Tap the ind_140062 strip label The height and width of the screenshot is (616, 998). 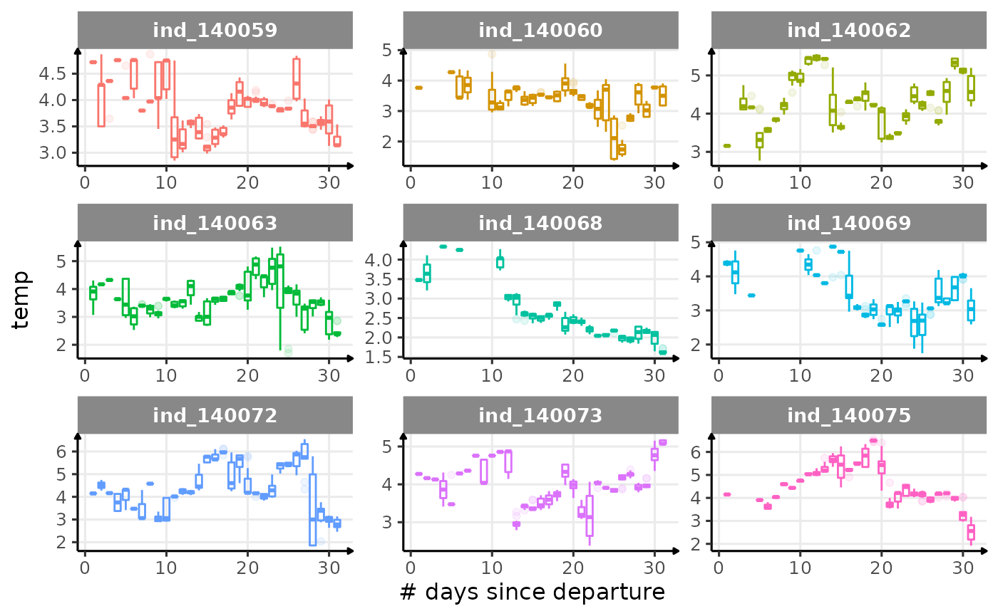pos(849,30)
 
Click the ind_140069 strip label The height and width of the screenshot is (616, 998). pos(849,223)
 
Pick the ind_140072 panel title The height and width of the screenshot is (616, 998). pos(215,415)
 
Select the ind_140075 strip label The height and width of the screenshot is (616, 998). pos(849,415)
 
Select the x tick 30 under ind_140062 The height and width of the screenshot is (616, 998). pos(963,182)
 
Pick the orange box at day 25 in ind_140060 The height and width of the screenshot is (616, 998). pos(614,139)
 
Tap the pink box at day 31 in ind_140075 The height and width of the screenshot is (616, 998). pos(971,532)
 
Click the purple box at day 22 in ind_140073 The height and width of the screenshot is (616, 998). pos(590,516)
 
